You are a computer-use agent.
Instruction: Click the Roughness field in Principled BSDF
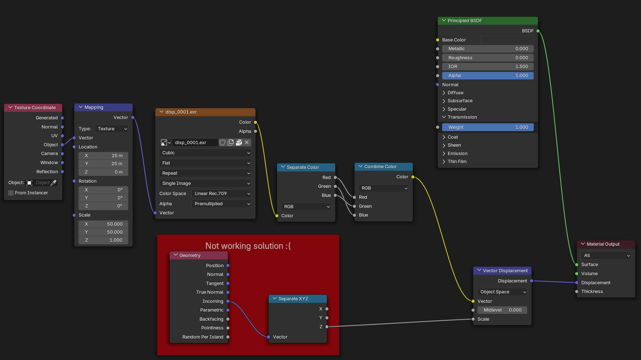(488, 58)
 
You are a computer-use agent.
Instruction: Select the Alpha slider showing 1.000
(488, 76)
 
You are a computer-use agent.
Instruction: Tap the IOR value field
(488, 67)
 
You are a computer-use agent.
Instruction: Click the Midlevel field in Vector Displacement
(502, 310)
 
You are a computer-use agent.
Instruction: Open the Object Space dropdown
(502, 292)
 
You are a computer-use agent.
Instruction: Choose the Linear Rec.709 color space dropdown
(221, 194)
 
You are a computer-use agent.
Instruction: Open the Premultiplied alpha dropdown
(221, 204)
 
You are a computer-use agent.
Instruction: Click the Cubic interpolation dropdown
(205, 153)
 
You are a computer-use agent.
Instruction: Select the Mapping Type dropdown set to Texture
(112, 129)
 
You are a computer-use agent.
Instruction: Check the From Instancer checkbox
(11, 193)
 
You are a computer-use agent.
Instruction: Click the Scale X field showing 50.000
(103, 224)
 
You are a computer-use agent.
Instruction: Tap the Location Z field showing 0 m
(103, 172)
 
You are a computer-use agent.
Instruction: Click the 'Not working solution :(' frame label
(248, 246)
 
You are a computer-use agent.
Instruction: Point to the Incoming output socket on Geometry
(228, 301)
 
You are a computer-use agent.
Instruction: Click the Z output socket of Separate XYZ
(327, 327)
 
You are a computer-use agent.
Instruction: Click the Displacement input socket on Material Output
(577, 283)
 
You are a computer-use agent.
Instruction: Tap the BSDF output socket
(538, 31)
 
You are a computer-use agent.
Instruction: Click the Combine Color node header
(384, 167)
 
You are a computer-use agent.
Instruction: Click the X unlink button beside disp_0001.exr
(247, 143)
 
